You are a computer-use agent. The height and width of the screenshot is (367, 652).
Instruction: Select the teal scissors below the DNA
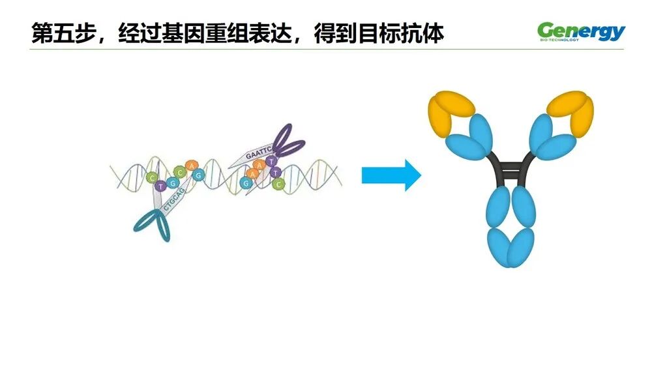155,224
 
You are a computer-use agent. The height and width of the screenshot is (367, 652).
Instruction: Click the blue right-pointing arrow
391,175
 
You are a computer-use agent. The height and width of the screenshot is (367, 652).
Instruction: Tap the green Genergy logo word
580,31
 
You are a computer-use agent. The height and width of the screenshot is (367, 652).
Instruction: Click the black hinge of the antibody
512,168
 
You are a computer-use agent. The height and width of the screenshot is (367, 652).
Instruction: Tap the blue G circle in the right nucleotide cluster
246,183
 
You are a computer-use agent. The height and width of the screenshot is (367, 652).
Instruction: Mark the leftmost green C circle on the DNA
152,177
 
